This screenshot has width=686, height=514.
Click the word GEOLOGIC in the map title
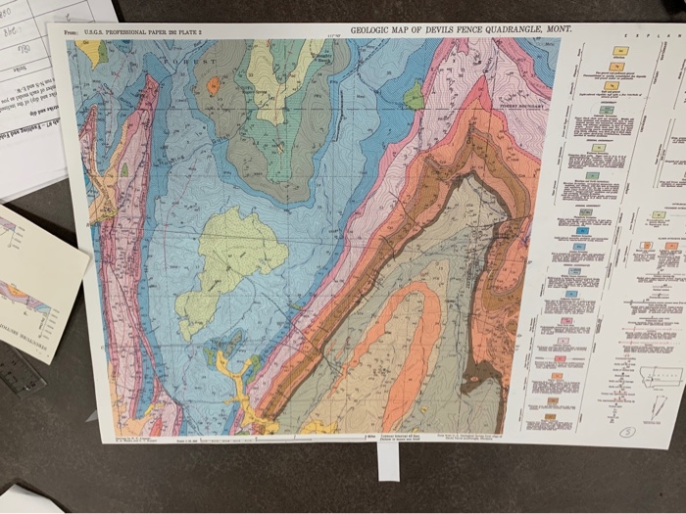374,30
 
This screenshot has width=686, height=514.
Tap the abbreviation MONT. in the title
556,29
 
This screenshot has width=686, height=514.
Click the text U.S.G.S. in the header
99,33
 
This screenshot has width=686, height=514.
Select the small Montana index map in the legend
660,376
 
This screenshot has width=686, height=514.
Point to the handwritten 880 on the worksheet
12,14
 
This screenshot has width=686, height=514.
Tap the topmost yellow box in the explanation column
619,51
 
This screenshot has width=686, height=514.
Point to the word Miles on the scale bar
370,436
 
